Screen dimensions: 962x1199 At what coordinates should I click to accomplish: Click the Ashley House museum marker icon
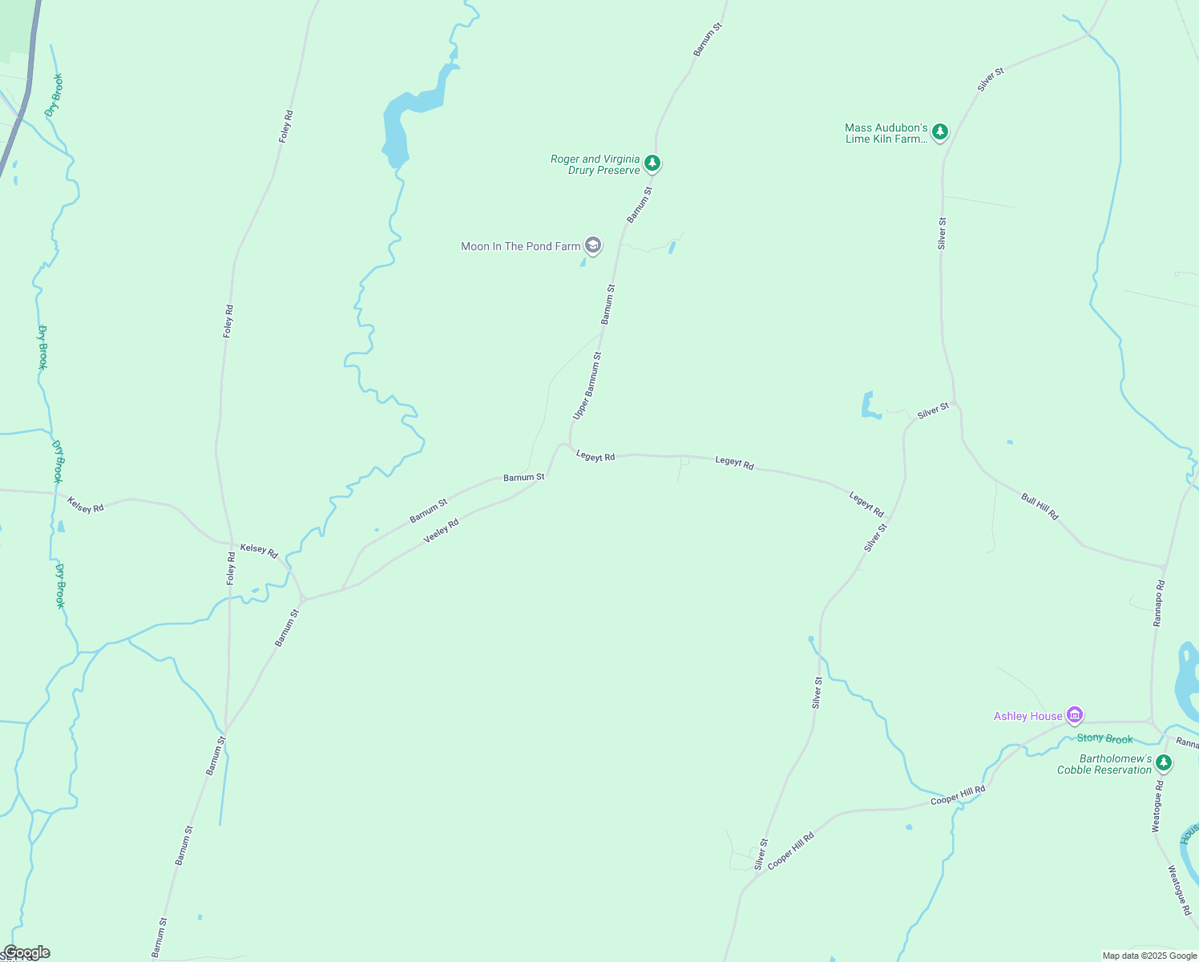pyautogui.click(x=1075, y=714)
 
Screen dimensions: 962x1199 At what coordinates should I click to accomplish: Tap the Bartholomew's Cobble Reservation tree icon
pyautogui.click(x=1164, y=762)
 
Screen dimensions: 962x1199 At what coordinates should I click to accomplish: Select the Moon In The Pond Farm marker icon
pyautogui.click(x=593, y=245)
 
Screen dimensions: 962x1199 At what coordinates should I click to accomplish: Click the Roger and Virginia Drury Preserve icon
pyautogui.click(x=652, y=164)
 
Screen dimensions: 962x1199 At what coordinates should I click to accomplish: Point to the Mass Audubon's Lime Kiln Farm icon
pyautogui.click(x=940, y=132)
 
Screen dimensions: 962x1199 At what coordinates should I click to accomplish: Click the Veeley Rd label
pyautogui.click(x=441, y=530)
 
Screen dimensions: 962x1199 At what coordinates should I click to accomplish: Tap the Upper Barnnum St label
pyautogui.click(x=587, y=386)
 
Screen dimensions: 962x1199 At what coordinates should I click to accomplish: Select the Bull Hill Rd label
pyautogui.click(x=1040, y=507)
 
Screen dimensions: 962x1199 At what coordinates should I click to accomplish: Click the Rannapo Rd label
pyautogui.click(x=1158, y=603)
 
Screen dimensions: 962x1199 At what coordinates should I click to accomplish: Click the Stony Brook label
pyautogui.click(x=1104, y=738)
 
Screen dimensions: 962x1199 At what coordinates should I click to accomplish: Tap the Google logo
pyautogui.click(x=26, y=952)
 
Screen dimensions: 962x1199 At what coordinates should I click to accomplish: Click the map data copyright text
pyautogui.click(x=1149, y=956)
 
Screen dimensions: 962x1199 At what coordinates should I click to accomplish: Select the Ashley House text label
pyautogui.click(x=1027, y=716)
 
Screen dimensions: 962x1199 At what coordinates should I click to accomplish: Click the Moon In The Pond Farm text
pyautogui.click(x=520, y=246)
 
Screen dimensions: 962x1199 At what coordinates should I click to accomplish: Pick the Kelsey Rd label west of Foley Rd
pyautogui.click(x=86, y=505)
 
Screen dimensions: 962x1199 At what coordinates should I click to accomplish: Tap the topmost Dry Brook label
pyautogui.click(x=54, y=95)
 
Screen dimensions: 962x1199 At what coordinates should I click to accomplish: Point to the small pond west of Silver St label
pyautogui.click(x=868, y=405)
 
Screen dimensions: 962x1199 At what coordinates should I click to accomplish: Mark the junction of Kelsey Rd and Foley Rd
pyautogui.click(x=229, y=543)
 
